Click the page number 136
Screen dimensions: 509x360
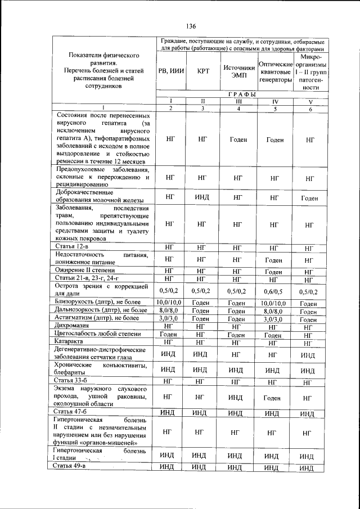190,26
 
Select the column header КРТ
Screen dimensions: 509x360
202,71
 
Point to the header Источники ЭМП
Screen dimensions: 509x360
238,71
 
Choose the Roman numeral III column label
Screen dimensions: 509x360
238,101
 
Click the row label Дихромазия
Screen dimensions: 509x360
73,326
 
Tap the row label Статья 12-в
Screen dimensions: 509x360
71,247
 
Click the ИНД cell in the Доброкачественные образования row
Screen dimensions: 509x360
202,197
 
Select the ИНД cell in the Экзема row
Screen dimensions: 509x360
238,397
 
